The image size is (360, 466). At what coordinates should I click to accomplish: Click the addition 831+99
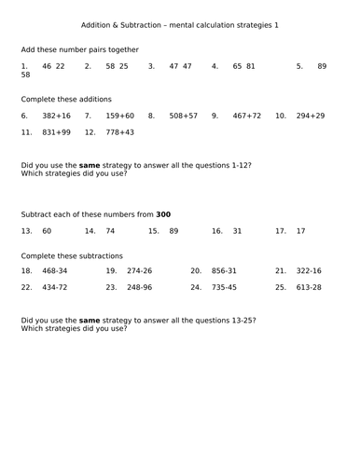pyautogui.click(x=56, y=133)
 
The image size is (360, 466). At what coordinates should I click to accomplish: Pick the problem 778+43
pyautogui.click(x=120, y=133)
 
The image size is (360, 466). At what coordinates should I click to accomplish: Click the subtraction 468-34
pyautogui.click(x=56, y=270)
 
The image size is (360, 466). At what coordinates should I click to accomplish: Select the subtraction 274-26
pyautogui.click(x=139, y=270)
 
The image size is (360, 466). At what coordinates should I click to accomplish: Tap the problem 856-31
pyautogui.click(x=224, y=270)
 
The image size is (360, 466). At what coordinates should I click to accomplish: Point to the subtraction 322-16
pyautogui.click(x=309, y=270)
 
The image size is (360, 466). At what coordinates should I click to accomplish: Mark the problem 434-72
pyautogui.click(x=56, y=287)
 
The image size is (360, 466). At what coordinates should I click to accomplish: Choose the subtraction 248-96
pyautogui.click(x=139, y=287)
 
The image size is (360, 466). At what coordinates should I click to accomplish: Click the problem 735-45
pyautogui.click(x=224, y=287)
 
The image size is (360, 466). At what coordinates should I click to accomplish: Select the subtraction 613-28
pyautogui.click(x=309, y=287)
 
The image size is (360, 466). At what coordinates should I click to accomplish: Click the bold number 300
pyautogui.click(x=163, y=214)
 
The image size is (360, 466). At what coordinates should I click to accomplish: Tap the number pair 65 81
pyautogui.click(x=244, y=66)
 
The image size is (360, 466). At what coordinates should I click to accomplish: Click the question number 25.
pyautogui.click(x=280, y=287)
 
